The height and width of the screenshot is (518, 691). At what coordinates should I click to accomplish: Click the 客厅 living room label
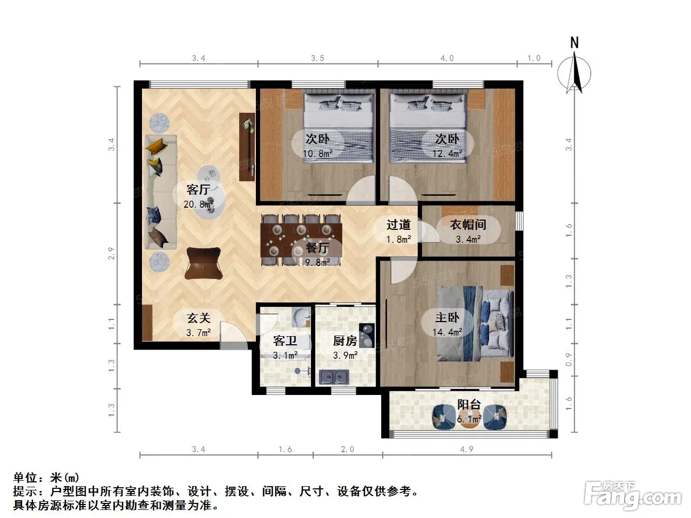(x=198, y=189)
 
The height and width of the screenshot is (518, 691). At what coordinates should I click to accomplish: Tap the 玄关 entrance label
(x=198, y=318)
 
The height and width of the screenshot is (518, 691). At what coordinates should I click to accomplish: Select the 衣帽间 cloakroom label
(x=468, y=224)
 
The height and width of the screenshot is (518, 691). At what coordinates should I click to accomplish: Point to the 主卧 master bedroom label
(x=447, y=317)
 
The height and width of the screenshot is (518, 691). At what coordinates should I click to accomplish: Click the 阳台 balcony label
(x=469, y=405)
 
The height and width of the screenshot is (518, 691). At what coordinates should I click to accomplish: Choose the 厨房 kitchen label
(x=345, y=340)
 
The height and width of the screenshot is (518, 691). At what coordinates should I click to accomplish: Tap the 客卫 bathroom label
(x=285, y=340)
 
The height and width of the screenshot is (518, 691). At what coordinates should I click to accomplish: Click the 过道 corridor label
(x=398, y=224)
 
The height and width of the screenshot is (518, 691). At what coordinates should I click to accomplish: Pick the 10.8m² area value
(x=317, y=153)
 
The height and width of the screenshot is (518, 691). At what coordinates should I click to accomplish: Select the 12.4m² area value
(x=448, y=153)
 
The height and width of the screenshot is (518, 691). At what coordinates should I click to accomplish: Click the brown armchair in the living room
(x=204, y=263)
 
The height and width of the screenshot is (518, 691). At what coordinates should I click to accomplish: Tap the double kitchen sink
(x=334, y=377)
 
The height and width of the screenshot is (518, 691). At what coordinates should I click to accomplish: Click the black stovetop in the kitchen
(x=367, y=335)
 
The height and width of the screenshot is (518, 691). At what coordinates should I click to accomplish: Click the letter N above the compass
(x=574, y=43)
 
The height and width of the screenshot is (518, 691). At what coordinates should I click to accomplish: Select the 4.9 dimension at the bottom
(x=466, y=449)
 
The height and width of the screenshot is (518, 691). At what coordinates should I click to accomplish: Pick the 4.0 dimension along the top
(x=447, y=58)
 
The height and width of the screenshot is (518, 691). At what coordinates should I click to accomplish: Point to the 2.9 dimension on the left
(x=111, y=254)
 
